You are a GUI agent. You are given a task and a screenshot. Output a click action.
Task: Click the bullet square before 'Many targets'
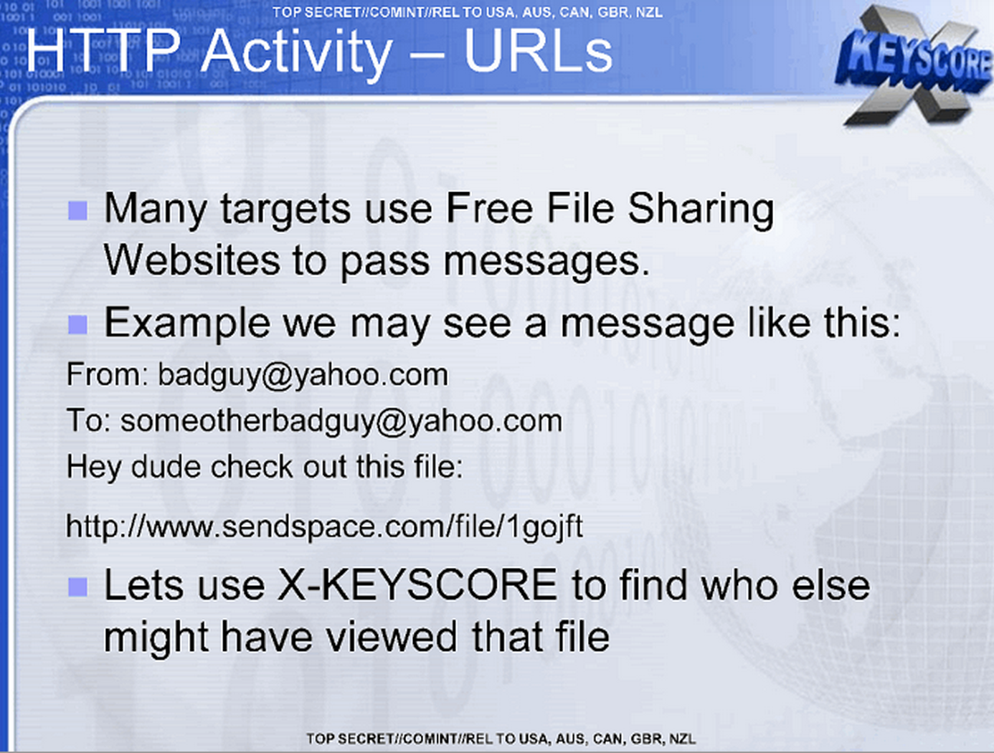[77, 211]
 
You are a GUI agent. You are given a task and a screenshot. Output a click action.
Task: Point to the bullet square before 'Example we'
[77, 325]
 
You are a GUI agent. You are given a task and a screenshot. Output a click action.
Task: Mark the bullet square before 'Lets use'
[77, 587]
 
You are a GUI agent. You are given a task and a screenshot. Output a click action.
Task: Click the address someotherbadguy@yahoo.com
[341, 422]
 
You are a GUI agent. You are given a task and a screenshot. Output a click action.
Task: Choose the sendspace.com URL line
[324, 527]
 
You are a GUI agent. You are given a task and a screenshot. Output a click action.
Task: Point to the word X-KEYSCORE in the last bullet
[417, 586]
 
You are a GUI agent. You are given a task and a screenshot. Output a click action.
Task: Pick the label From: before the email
[108, 375]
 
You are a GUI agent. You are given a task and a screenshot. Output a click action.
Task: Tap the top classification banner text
[468, 12]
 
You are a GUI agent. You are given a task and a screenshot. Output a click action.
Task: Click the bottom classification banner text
[501, 739]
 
